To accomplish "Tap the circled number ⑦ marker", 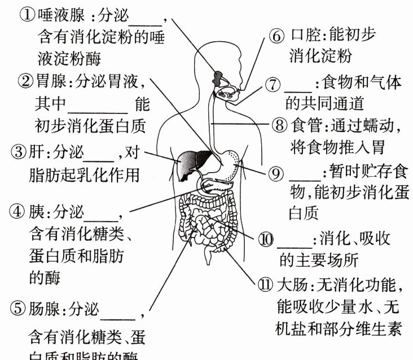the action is coord(273,85).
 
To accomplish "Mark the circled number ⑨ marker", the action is coord(276,173).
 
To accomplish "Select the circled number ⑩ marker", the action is coord(266,239).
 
